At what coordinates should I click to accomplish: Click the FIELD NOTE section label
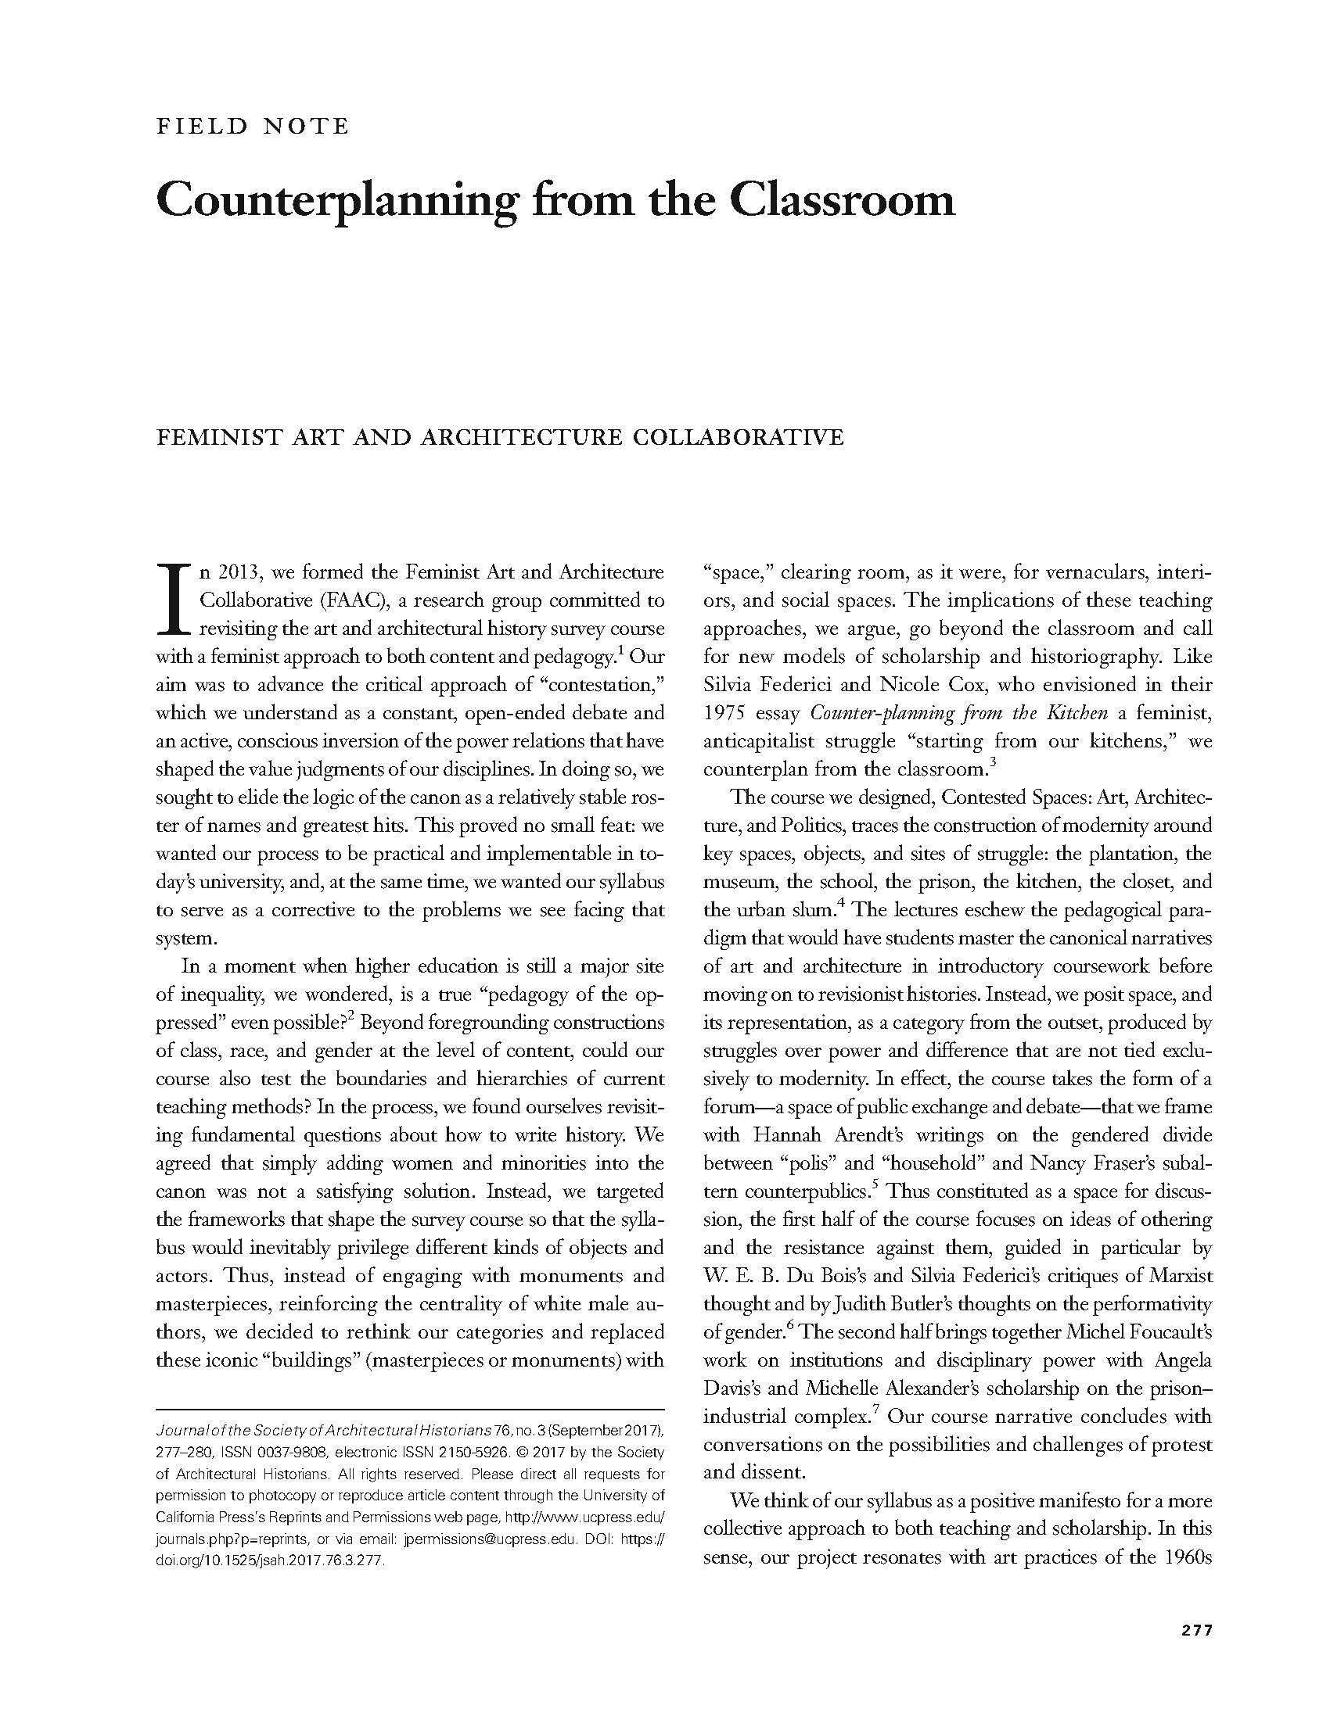252,126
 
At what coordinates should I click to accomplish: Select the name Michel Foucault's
1138,1332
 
